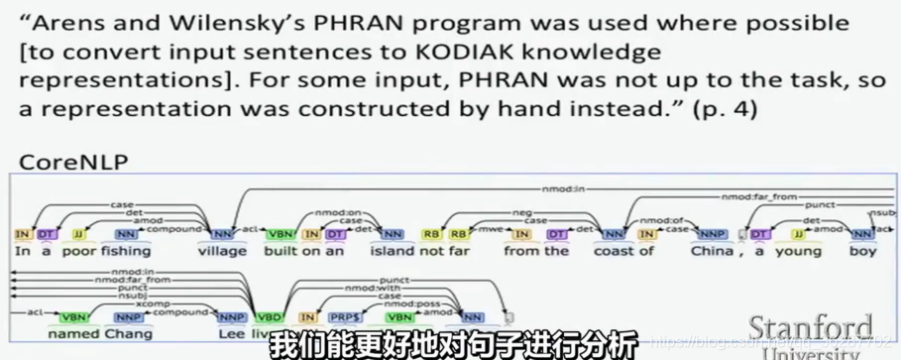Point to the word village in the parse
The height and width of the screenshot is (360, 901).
coord(221,251)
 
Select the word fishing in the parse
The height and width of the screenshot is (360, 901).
coord(127,251)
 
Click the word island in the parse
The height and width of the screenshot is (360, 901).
coord(393,251)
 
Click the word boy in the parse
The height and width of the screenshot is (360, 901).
coord(863,251)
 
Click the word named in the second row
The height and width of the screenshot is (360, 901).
coord(71,333)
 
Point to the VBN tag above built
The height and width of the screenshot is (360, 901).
coord(281,234)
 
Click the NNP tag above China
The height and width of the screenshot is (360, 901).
coord(710,234)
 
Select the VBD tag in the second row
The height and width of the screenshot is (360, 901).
coord(267,317)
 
